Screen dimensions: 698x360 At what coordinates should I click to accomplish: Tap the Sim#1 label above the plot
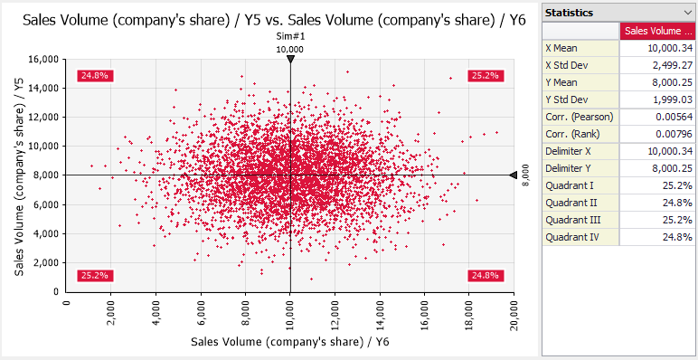point(290,36)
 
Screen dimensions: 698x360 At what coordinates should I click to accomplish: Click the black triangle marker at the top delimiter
point(290,60)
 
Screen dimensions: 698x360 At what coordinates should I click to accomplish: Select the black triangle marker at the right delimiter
point(514,175)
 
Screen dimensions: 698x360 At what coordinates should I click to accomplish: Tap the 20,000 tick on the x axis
point(514,316)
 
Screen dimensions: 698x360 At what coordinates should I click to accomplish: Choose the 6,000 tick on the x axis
point(201,313)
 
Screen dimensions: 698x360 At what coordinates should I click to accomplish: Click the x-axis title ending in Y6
point(291,342)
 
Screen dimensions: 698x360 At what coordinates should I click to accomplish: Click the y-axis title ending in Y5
point(20,175)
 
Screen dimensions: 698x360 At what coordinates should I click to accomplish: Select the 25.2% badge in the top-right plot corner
point(486,76)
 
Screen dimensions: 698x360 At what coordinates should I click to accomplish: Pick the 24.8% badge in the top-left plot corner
point(95,76)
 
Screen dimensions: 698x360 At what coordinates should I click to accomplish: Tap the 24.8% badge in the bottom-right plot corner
point(486,275)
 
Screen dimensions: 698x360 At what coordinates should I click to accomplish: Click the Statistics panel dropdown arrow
point(687,13)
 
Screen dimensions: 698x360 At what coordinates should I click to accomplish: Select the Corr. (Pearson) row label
point(580,118)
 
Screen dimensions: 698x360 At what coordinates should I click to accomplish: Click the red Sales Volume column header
point(658,31)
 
